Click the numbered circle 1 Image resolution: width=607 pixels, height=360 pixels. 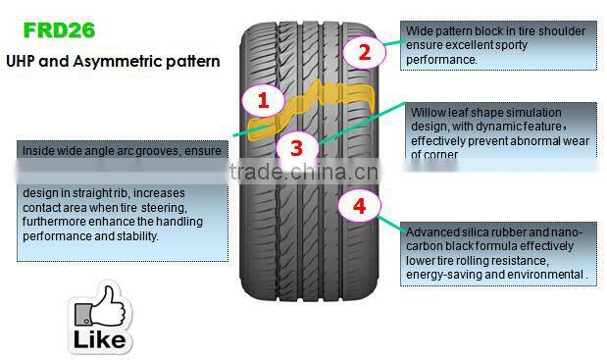(x=262, y=99)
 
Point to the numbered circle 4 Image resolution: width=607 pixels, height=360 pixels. (x=359, y=205)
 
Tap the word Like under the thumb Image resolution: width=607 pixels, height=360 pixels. (x=101, y=339)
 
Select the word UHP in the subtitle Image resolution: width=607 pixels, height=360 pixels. (x=24, y=61)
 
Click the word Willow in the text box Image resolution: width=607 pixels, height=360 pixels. (x=428, y=113)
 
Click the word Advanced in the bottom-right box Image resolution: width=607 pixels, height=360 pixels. (x=432, y=232)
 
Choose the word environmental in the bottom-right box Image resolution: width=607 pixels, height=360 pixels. (x=549, y=276)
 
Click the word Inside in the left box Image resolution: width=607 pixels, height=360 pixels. (x=40, y=150)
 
